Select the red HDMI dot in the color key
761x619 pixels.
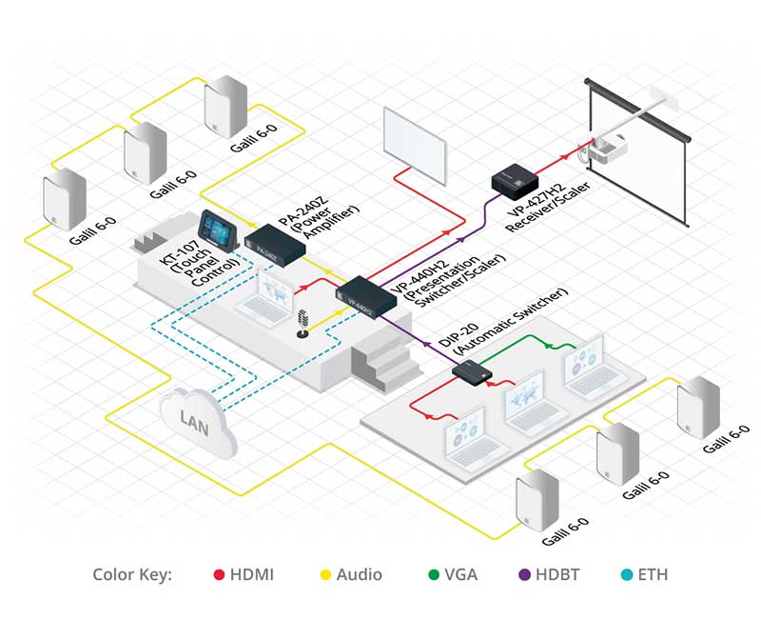[x=219, y=574]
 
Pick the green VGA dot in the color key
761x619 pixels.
[x=435, y=574]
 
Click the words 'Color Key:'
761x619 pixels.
[x=132, y=574]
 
